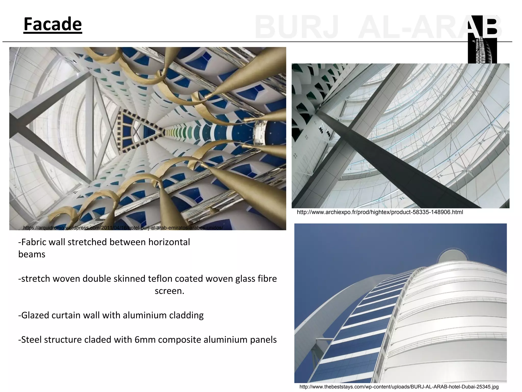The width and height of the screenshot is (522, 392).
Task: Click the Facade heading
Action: point(53,24)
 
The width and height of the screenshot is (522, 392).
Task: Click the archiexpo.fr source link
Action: point(380,212)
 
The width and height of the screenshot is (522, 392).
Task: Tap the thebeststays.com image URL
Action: point(399,387)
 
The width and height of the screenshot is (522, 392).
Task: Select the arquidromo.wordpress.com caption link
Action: point(123,228)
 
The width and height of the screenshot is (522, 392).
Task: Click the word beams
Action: point(32,254)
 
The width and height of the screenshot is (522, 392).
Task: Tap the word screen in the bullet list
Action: point(169,291)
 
